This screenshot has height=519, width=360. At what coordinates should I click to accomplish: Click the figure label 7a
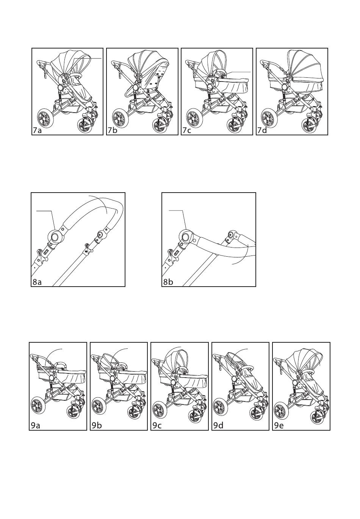tap(37, 131)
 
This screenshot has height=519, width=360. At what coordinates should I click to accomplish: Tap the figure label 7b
tap(112, 131)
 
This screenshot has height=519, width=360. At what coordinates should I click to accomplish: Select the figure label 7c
tap(186, 131)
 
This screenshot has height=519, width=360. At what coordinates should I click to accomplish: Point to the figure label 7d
tap(262, 131)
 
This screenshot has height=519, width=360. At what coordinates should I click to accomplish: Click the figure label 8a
tap(37, 282)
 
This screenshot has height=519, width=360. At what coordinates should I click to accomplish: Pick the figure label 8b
tap(168, 282)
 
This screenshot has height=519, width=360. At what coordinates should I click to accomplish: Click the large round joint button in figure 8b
tap(186, 237)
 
